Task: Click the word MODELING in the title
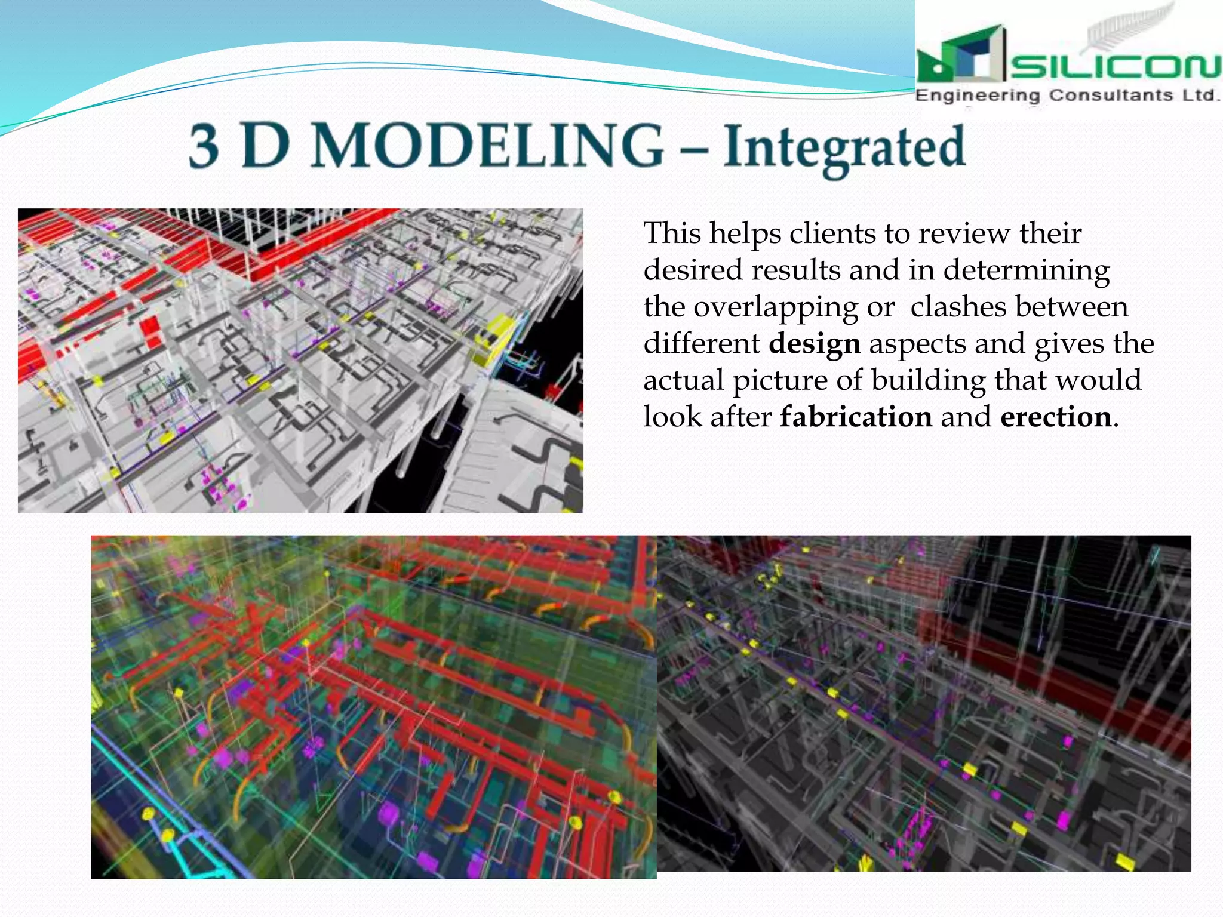click(487, 146)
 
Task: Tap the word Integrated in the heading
click(844, 148)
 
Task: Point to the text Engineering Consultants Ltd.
click(1067, 96)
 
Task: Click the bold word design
click(815, 344)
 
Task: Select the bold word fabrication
click(856, 417)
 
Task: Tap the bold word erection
click(1055, 417)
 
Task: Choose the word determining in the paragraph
click(1027, 270)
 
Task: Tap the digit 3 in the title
click(204, 146)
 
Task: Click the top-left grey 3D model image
click(300, 360)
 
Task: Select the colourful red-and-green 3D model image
click(374, 707)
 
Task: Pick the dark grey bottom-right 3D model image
click(923, 703)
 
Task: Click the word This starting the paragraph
click(672, 233)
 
